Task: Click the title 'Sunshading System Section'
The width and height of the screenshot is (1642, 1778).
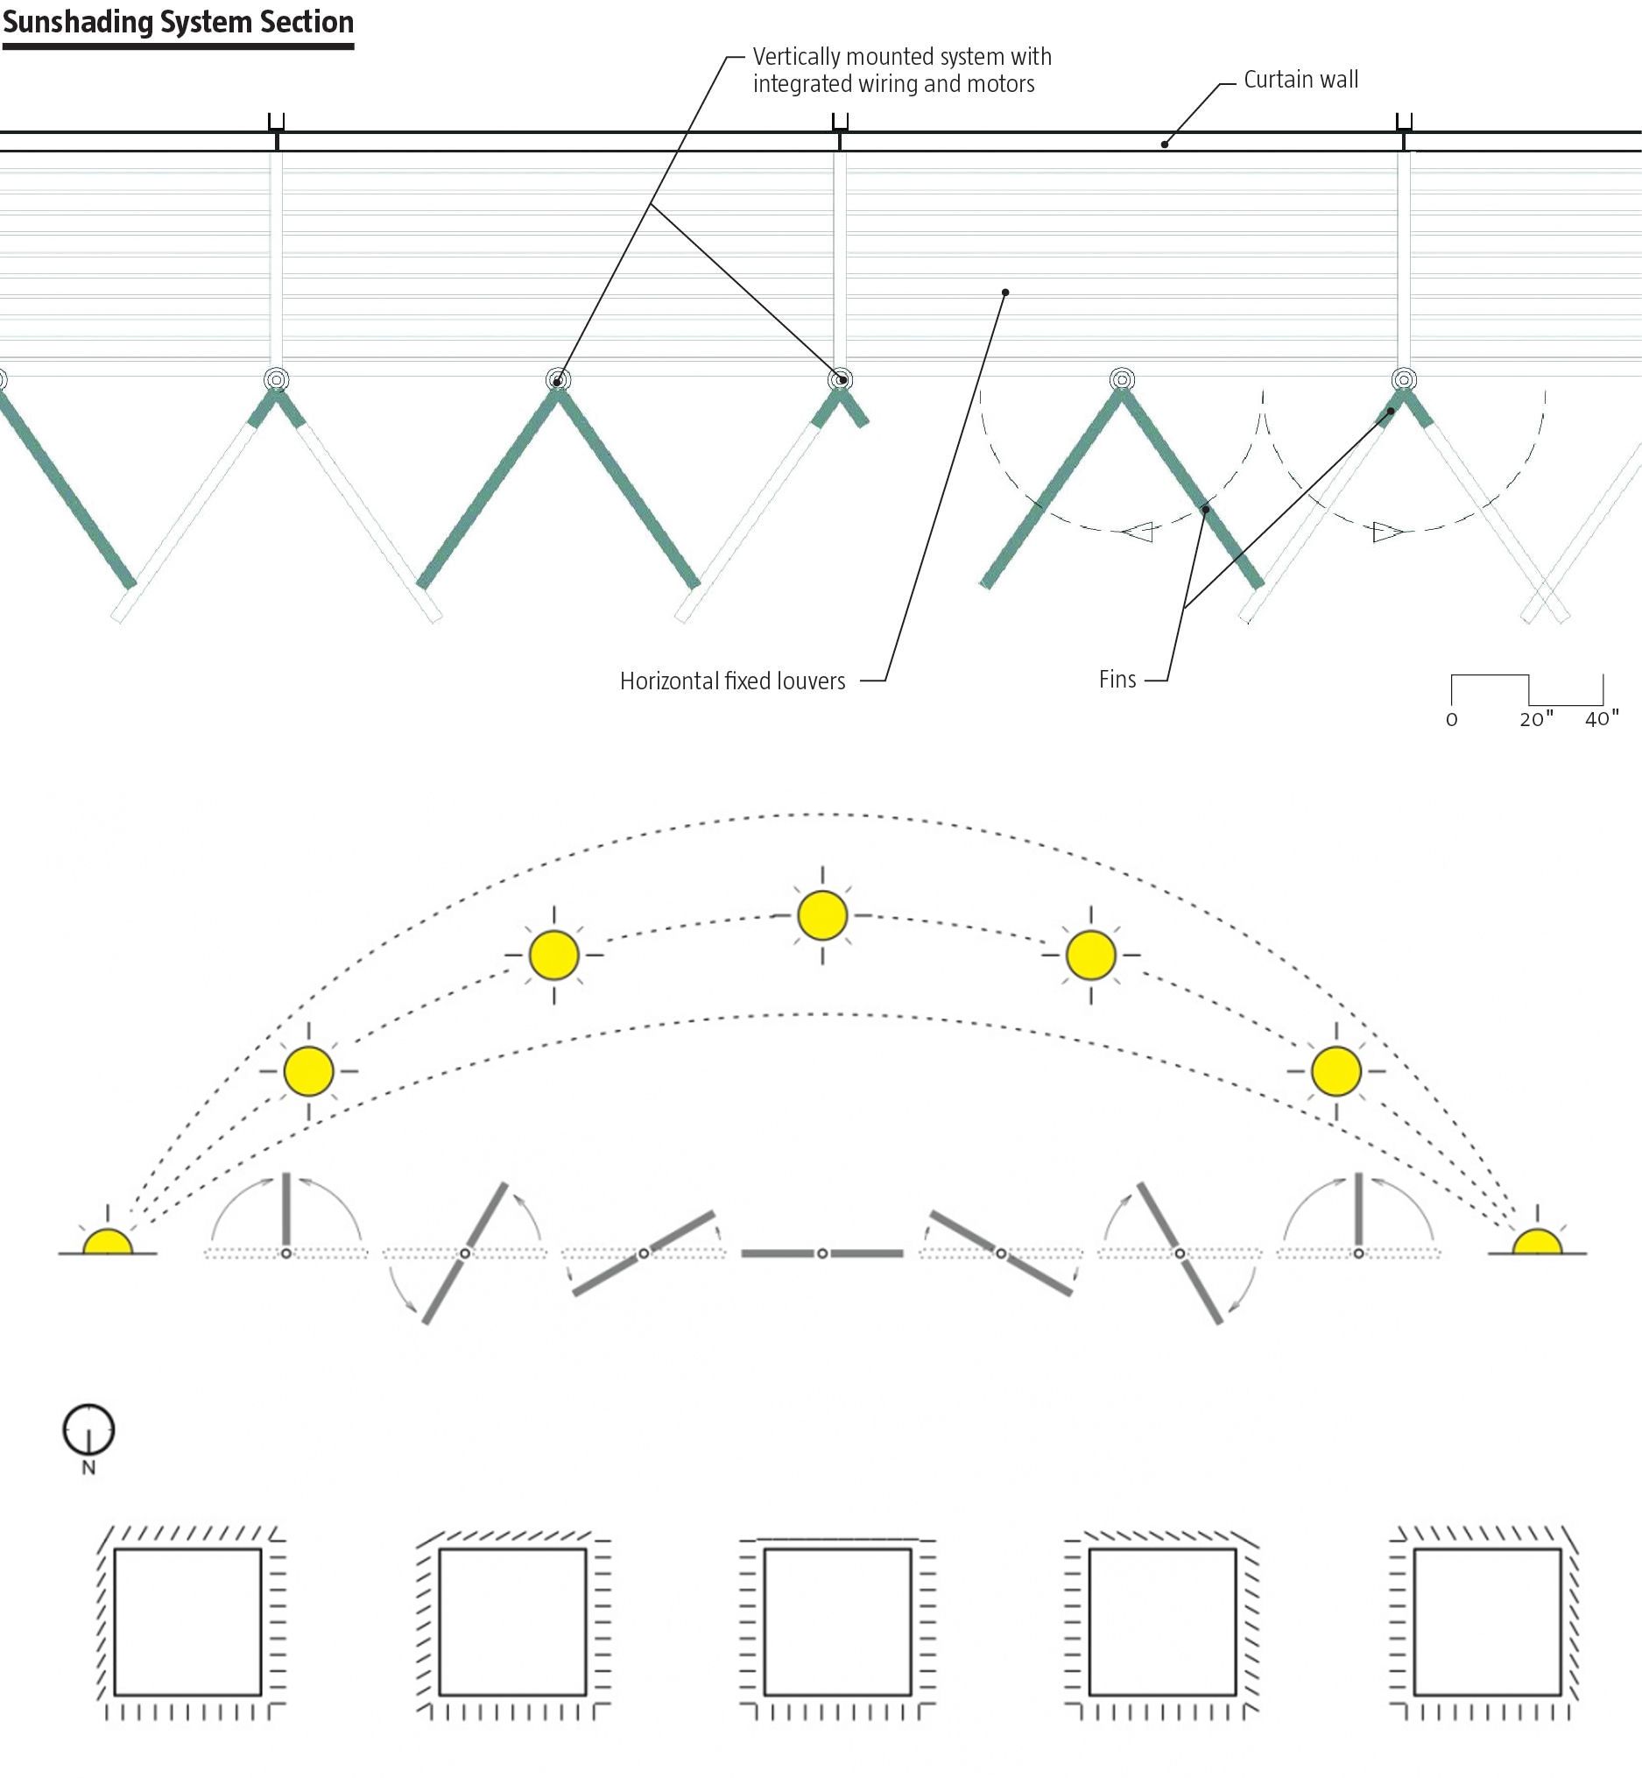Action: (x=178, y=21)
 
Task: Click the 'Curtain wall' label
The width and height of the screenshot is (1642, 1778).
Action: (x=1300, y=80)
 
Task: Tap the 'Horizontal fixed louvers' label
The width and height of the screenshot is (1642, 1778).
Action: (x=732, y=681)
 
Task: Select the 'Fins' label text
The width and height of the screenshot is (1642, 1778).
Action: (x=1117, y=680)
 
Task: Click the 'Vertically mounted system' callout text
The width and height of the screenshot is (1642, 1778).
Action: (x=901, y=70)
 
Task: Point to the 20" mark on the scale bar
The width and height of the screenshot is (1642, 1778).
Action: (x=1535, y=719)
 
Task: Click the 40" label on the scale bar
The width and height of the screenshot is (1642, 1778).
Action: (x=1601, y=719)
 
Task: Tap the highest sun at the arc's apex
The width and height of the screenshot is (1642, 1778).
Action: (x=822, y=915)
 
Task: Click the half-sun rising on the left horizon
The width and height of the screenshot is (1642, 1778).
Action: (x=108, y=1242)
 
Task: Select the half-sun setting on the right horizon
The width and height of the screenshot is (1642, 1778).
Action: (x=1537, y=1242)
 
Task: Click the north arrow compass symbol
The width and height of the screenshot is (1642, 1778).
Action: (x=88, y=1429)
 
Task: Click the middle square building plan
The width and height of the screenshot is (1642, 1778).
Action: (x=837, y=1621)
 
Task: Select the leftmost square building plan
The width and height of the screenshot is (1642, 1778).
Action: (x=187, y=1621)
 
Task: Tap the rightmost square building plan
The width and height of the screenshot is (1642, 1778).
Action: (x=1486, y=1621)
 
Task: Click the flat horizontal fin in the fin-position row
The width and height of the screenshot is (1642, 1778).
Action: (x=822, y=1252)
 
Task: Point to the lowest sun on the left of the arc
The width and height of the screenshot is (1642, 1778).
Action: (x=308, y=1070)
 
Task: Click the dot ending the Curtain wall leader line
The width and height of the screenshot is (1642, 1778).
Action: (x=1165, y=144)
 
